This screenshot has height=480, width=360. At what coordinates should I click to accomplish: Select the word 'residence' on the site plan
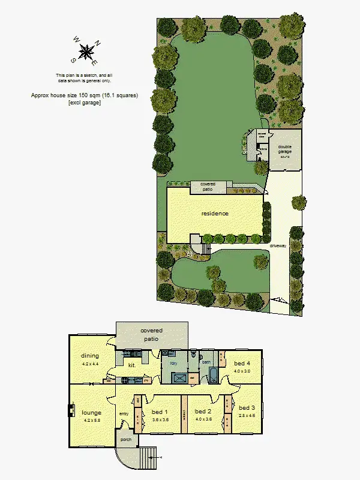click(215, 213)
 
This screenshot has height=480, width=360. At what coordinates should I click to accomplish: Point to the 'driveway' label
click(277, 246)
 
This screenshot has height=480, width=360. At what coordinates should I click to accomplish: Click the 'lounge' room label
click(92, 413)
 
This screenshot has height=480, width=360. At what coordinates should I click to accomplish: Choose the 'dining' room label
click(90, 356)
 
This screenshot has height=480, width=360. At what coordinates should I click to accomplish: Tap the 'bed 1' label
click(160, 412)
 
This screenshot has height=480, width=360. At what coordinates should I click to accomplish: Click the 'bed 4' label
click(242, 364)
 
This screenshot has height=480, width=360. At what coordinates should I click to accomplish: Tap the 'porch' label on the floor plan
click(126, 439)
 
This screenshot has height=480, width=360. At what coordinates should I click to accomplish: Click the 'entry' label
click(124, 413)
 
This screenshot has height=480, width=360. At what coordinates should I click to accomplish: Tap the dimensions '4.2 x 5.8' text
click(92, 421)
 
